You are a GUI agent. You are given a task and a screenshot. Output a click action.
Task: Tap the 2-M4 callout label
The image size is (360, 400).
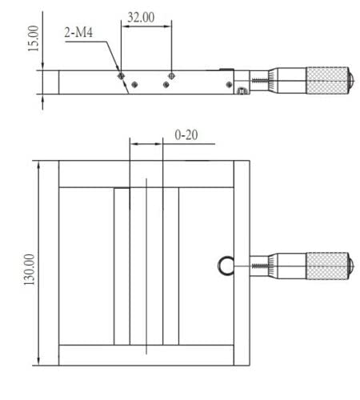click(79, 34)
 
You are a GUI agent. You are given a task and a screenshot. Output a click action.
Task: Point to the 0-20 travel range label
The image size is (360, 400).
click(186, 135)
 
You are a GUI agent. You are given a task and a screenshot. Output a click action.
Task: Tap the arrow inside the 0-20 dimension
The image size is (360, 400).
click(146, 144)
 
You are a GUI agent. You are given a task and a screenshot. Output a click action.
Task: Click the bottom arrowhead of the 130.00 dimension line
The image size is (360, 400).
click(38, 360)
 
